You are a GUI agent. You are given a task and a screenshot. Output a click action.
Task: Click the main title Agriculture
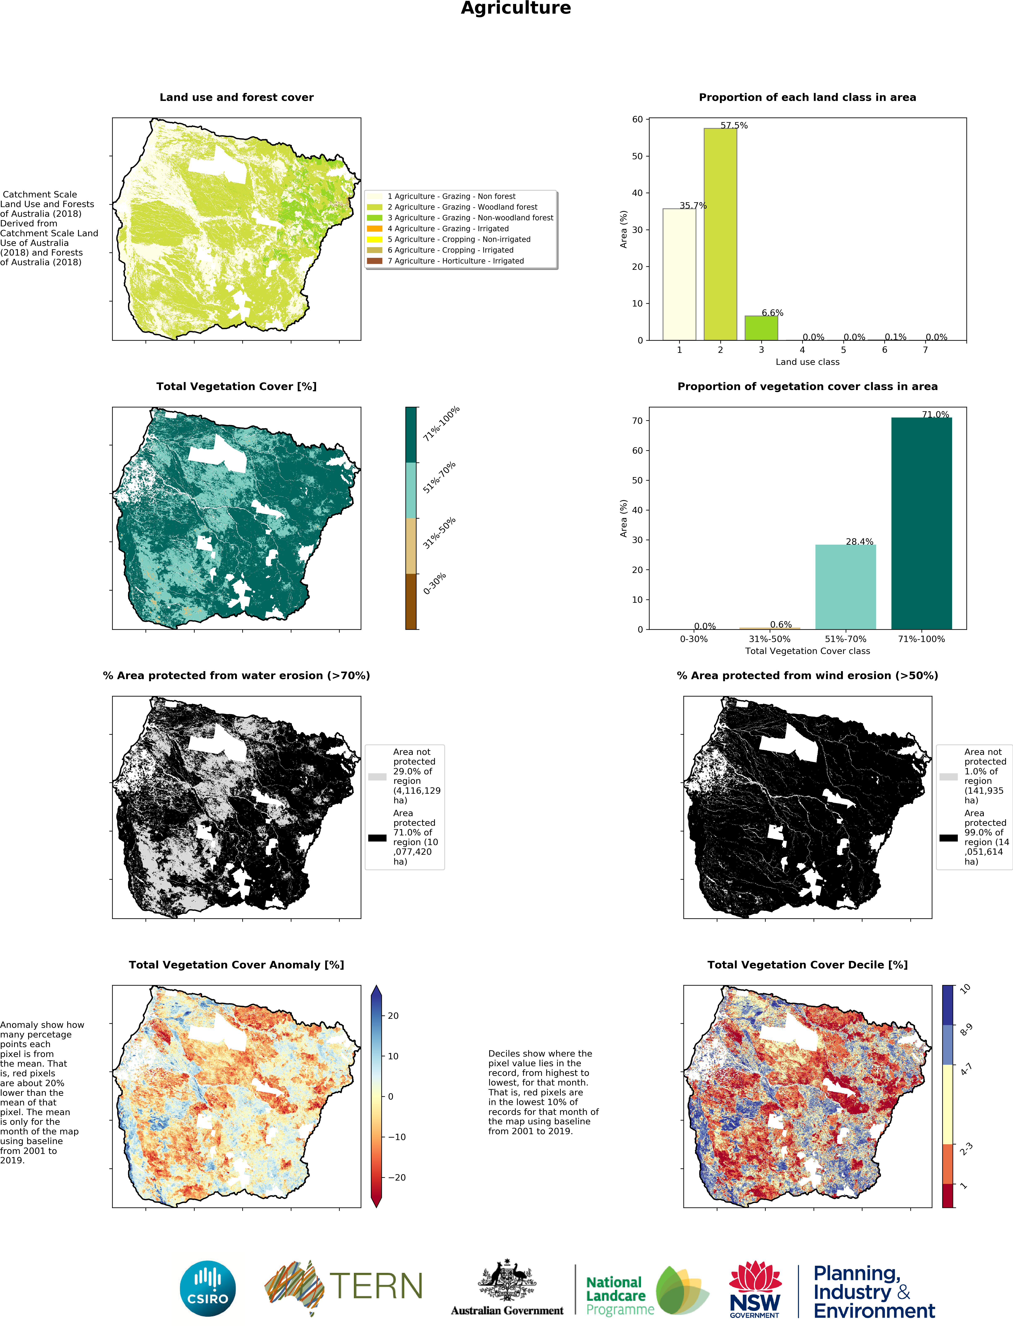tap(515, 8)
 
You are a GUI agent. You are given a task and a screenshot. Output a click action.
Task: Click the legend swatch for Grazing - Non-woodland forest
tap(375, 218)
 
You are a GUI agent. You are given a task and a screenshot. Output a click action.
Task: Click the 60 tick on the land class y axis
tap(637, 119)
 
